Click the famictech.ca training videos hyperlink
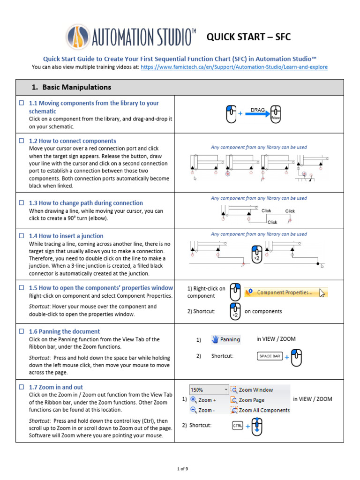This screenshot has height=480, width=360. point(234,67)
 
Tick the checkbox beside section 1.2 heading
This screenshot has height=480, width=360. point(21,141)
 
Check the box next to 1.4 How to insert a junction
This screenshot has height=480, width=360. point(21,236)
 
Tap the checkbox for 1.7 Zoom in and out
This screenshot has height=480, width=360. point(21,387)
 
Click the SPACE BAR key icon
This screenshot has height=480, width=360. point(270,356)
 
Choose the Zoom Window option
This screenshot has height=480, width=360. point(255,390)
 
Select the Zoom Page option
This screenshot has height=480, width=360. point(251,400)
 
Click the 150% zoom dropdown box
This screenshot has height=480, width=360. point(209,390)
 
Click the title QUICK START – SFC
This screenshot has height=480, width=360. point(248,37)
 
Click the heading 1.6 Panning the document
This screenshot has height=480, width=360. point(64,331)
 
